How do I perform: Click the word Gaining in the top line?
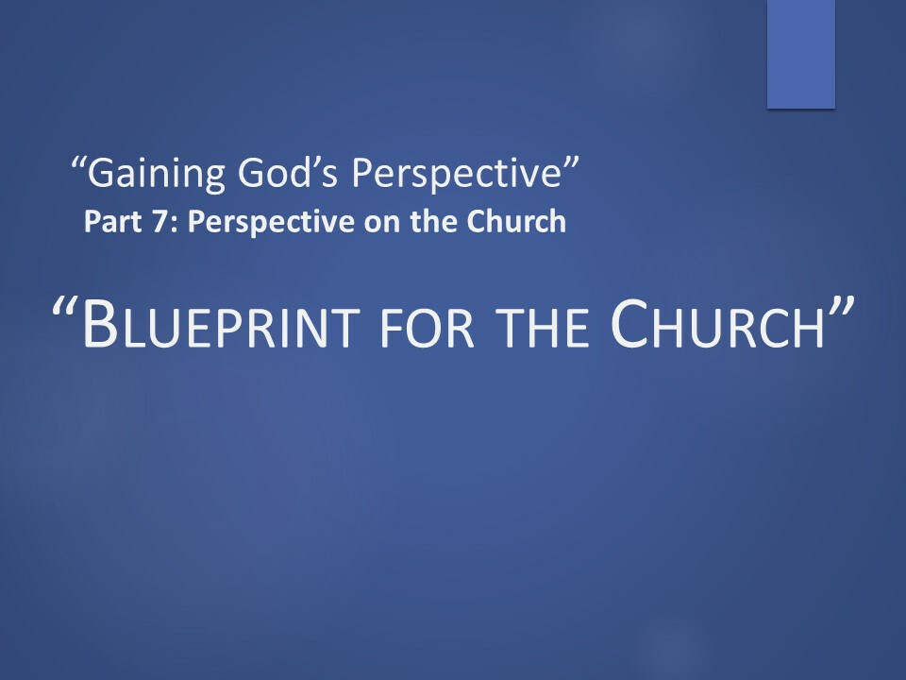156,174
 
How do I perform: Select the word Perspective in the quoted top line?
456,174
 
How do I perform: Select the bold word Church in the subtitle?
516,221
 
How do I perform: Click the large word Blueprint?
221,325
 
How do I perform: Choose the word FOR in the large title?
427,328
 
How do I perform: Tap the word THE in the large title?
542,328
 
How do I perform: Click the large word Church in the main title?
717,324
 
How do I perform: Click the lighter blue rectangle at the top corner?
801,54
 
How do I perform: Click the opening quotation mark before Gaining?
78,163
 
